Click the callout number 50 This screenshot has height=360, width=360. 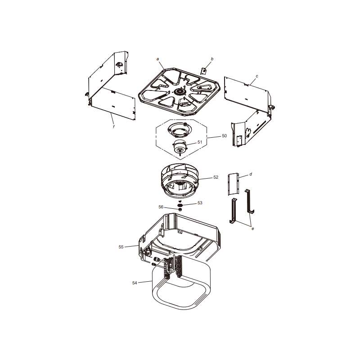click(224, 136)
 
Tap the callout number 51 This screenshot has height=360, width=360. click(200, 142)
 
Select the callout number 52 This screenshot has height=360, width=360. click(216, 177)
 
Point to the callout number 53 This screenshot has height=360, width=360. click(200, 203)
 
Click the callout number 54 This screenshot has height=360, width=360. click(135, 283)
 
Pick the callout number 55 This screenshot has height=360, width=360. click(121, 247)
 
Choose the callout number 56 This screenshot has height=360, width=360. click(161, 207)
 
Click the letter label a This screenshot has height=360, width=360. click(158, 59)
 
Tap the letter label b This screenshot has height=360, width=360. click(212, 59)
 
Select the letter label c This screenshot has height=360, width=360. click(257, 76)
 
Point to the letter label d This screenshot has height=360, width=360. click(251, 174)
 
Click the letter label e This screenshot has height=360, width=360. click(253, 229)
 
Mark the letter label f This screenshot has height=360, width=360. click(114, 127)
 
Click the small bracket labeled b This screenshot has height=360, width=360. click(203, 71)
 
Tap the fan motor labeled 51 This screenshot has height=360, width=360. click(180, 147)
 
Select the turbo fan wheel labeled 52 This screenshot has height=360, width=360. click(180, 181)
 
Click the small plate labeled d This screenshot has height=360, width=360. click(234, 184)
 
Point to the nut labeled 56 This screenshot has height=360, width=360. click(180, 209)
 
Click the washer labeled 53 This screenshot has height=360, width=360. click(180, 205)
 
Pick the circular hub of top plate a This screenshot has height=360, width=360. click(179, 92)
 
